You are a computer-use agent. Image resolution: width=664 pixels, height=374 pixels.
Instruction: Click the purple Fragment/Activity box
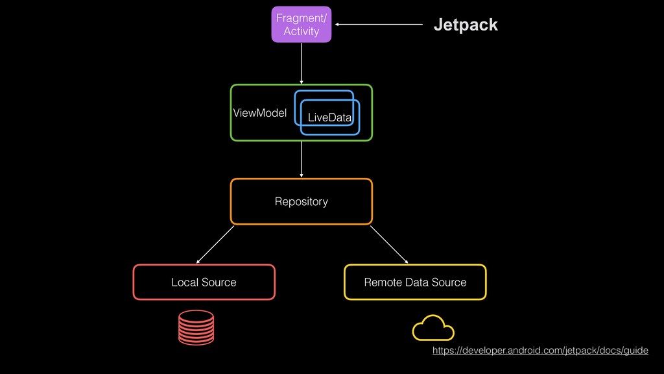[301, 24]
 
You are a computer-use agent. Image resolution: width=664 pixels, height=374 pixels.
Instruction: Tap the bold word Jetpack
[465, 25]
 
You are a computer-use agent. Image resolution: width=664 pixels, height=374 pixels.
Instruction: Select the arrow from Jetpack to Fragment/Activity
[379, 25]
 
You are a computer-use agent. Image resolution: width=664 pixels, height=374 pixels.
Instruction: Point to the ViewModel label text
[259, 113]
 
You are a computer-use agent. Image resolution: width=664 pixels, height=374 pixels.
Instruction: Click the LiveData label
[329, 118]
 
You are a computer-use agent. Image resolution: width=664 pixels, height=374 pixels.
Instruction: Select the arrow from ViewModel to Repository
[302, 159]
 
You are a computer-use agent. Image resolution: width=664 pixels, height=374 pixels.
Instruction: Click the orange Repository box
[301, 202]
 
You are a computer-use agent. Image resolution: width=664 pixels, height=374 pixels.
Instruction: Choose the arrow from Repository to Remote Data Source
[389, 244]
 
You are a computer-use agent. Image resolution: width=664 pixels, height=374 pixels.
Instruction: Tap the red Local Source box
[204, 282]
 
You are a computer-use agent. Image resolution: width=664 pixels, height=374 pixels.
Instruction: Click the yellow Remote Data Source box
[415, 282]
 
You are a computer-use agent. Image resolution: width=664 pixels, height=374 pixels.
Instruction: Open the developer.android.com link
[539, 351]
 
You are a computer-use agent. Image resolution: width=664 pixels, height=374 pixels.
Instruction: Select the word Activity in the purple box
[302, 31]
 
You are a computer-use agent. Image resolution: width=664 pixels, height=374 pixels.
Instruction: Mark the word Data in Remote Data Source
[417, 282]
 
